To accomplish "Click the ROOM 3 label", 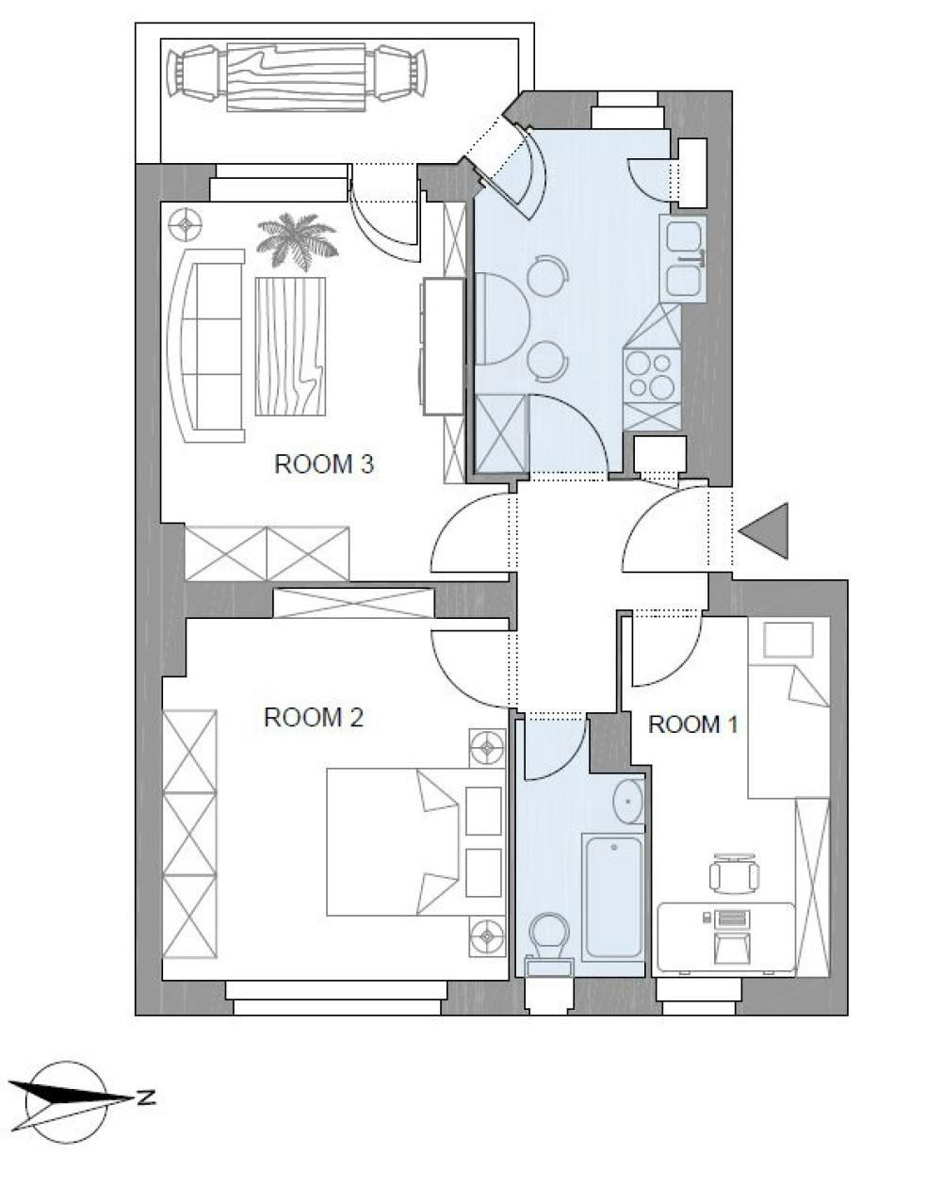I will [x=324, y=464].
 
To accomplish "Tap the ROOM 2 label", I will [x=313, y=718].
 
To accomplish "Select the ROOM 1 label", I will [x=693, y=724].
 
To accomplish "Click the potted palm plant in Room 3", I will [x=296, y=239].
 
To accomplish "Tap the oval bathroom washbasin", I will [x=627, y=802].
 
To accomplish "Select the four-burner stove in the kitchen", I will [x=652, y=374].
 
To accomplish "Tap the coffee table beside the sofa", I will [x=290, y=346].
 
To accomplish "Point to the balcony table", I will [x=296, y=75].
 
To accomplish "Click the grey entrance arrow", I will [x=767, y=530].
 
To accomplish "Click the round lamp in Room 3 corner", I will [x=187, y=225].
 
